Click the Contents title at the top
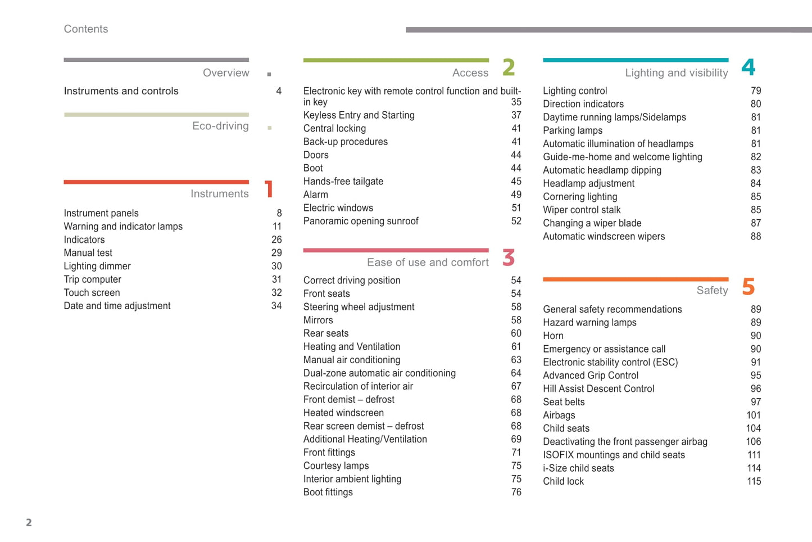(x=85, y=29)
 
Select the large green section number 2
(x=509, y=67)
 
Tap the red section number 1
(x=269, y=189)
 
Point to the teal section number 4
(x=748, y=67)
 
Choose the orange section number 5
(x=748, y=287)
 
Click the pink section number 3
(x=509, y=258)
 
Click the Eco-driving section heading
(x=220, y=126)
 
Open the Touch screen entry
(x=92, y=293)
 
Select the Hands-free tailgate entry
(x=343, y=182)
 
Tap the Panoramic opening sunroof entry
(x=360, y=222)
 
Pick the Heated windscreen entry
(x=343, y=413)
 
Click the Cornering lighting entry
(x=579, y=197)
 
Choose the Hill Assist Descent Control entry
(x=598, y=389)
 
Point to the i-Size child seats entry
(x=578, y=468)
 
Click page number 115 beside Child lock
(x=754, y=482)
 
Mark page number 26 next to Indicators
(x=276, y=240)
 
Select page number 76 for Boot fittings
(x=516, y=493)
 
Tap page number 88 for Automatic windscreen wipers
(x=755, y=237)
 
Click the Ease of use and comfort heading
(x=427, y=263)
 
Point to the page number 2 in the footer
(x=29, y=523)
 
